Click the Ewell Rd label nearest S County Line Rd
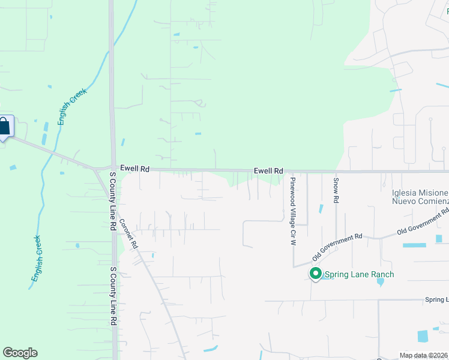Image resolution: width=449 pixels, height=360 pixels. pyautogui.click(x=134, y=169)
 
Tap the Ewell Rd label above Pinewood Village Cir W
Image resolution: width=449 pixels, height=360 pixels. pyautogui.click(x=268, y=171)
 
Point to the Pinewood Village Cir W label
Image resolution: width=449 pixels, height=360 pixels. pyautogui.click(x=293, y=212)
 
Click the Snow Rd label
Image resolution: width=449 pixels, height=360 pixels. pyautogui.click(x=336, y=189)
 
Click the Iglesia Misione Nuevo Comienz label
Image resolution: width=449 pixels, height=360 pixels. pyautogui.click(x=420, y=197)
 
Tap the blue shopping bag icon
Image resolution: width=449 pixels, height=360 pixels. pyautogui.click(x=4, y=127)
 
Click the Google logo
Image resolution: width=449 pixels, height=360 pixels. pyautogui.click(x=20, y=353)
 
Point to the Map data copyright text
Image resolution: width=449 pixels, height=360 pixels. pyautogui.click(x=424, y=355)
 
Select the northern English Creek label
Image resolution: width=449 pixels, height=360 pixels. pyautogui.click(x=73, y=106)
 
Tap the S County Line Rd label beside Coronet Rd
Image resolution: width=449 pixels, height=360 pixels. pyautogui.click(x=112, y=202)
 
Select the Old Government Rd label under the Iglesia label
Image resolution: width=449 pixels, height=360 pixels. pyautogui.click(x=424, y=223)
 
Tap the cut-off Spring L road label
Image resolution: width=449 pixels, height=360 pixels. pyautogui.click(x=436, y=299)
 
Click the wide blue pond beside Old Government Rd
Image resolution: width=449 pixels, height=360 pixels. pyautogui.click(x=414, y=245)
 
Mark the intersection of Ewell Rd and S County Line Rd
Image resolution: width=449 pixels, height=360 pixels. pyautogui.click(x=112, y=169)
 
